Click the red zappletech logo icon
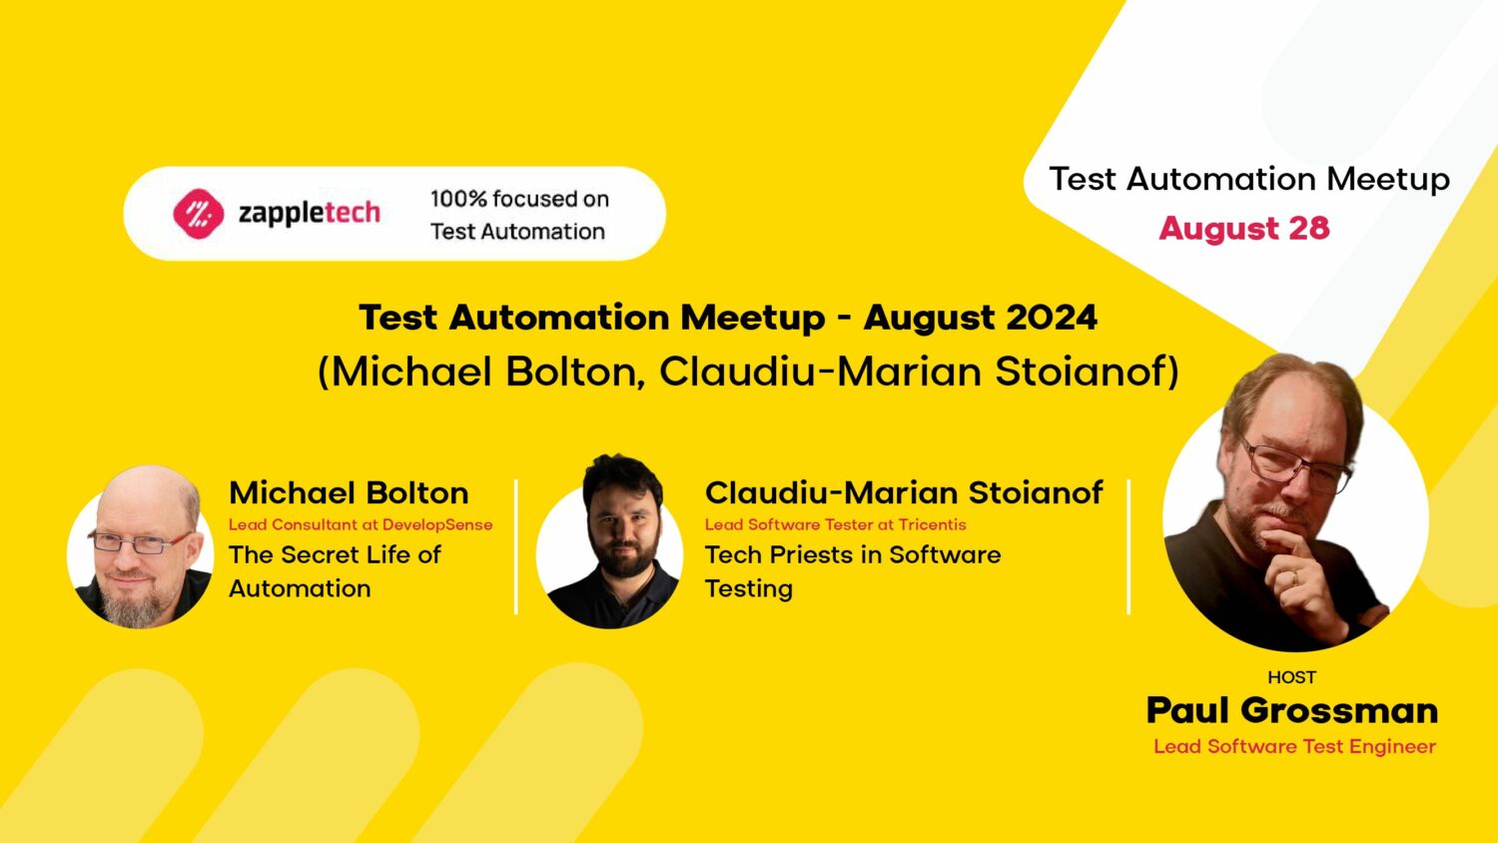point(198,214)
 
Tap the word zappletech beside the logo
point(309,213)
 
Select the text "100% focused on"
point(519,199)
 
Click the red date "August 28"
point(1244,228)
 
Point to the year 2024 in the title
point(1052,318)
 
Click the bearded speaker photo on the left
point(141,547)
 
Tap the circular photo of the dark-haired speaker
point(610,547)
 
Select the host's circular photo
point(1294,509)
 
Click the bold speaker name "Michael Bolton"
point(349,492)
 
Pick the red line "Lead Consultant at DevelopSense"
point(361,524)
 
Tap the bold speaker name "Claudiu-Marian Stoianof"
point(904,492)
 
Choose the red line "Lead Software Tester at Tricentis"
point(835,524)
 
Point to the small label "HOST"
point(1292,677)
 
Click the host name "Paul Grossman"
point(1292,710)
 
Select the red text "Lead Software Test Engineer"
point(1294,746)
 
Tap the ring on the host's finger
point(1295,577)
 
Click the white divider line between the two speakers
point(516,546)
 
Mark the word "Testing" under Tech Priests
point(749,589)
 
